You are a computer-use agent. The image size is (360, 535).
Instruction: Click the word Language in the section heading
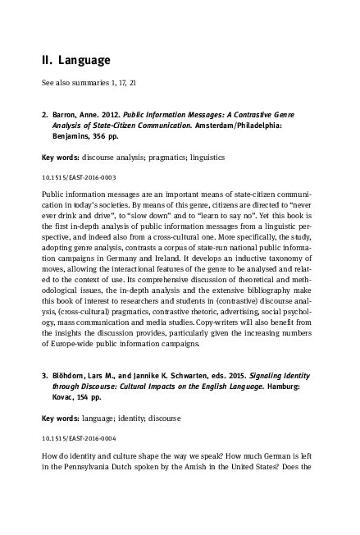pyautogui.click(x=85, y=60)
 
